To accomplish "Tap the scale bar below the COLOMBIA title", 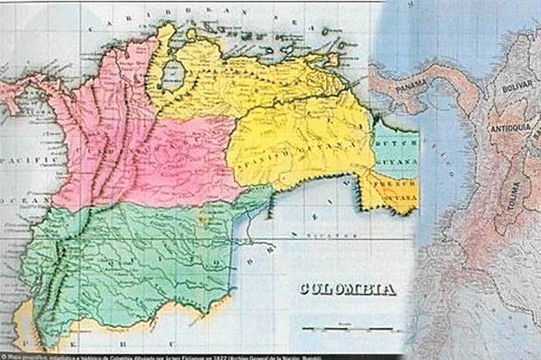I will click(347, 328).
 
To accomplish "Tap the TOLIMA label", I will click(512, 198).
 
